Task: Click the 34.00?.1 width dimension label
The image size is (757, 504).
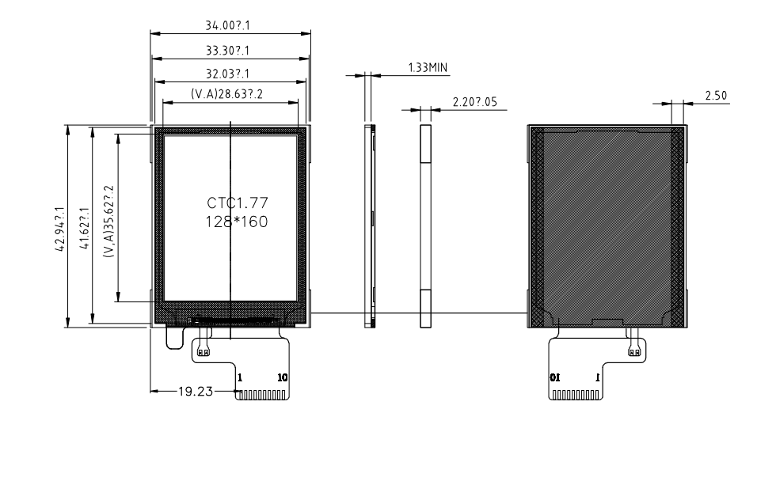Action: pyautogui.click(x=228, y=25)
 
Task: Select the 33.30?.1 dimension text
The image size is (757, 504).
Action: pyautogui.click(x=228, y=51)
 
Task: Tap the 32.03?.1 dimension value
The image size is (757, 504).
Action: pyautogui.click(x=228, y=74)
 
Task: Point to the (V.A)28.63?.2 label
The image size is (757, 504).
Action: pyautogui.click(x=227, y=93)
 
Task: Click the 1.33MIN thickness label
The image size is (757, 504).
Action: pyautogui.click(x=428, y=67)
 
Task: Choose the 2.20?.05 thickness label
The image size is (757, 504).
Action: pyautogui.click(x=475, y=102)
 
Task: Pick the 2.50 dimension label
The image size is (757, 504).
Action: pyautogui.click(x=716, y=96)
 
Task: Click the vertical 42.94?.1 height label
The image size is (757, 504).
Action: pyautogui.click(x=60, y=229)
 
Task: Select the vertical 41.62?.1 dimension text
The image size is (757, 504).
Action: pyautogui.click(x=85, y=228)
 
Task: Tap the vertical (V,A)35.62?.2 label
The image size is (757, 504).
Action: pyautogui.click(x=109, y=221)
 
